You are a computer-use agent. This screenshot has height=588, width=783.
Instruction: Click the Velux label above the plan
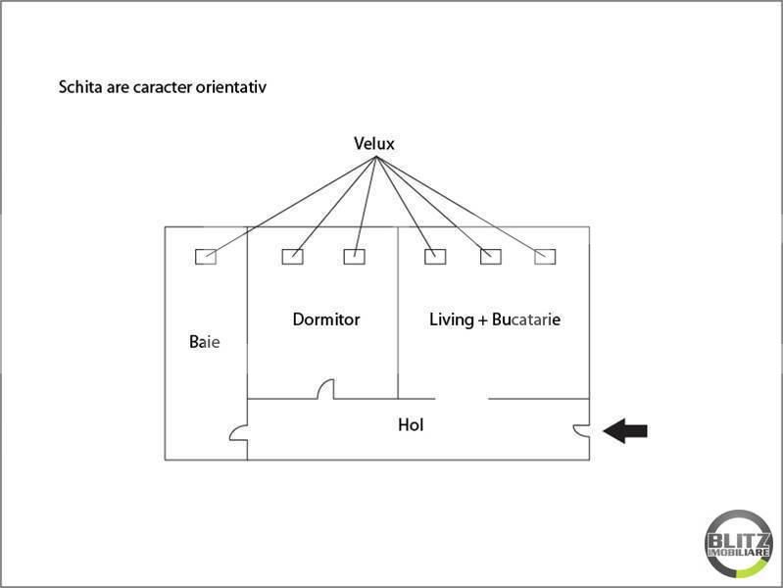click(x=374, y=143)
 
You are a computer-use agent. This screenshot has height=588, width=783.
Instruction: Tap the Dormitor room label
click(x=326, y=319)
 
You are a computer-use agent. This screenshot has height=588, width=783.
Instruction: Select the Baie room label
click(x=204, y=342)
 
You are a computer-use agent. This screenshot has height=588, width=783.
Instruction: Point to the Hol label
click(x=411, y=425)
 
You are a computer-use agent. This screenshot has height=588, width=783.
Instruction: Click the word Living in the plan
click(x=452, y=319)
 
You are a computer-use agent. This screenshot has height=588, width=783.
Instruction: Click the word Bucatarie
click(x=526, y=319)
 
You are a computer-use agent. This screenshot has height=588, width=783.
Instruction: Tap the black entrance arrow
click(x=625, y=430)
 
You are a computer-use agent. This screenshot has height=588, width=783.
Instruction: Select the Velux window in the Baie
click(x=206, y=257)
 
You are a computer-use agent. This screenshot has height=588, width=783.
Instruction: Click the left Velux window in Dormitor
click(x=293, y=257)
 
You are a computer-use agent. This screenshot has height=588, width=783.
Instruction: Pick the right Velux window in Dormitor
click(x=354, y=257)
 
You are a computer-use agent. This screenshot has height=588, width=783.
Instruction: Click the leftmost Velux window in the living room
click(x=435, y=257)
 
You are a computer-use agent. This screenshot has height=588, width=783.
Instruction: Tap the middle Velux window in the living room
click(x=490, y=257)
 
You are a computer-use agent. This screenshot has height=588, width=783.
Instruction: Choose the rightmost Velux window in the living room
click(x=545, y=257)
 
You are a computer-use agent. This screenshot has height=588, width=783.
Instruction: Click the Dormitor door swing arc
click(x=321, y=385)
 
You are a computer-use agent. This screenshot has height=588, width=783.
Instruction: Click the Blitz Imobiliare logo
click(x=738, y=544)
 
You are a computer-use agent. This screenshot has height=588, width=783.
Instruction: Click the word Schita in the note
click(x=80, y=87)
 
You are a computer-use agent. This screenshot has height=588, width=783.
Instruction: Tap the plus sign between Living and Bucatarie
click(x=482, y=320)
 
